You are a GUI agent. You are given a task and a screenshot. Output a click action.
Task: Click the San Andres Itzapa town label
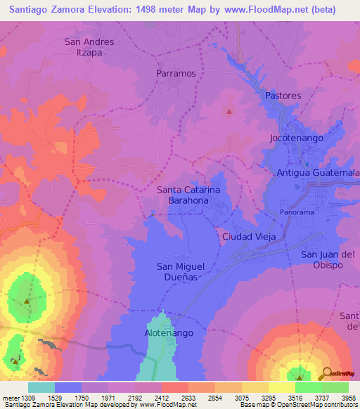click(89, 47)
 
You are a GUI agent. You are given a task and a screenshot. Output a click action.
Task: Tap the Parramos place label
click(176, 73)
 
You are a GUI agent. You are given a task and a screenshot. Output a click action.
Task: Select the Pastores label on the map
click(283, 96)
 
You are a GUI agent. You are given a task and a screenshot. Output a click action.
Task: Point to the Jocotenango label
click(296, 138)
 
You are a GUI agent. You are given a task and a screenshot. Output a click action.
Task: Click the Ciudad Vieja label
click(249, 236)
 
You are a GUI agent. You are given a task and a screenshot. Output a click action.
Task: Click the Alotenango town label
click(165, 332)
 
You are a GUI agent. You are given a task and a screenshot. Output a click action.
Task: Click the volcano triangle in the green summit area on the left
click(27, 301)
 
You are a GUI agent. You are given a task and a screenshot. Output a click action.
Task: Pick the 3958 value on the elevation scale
click(348, 398)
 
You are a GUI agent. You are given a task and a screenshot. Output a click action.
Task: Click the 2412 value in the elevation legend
click(162, 398)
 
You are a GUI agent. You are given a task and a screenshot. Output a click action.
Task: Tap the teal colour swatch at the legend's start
click(41, 387)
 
